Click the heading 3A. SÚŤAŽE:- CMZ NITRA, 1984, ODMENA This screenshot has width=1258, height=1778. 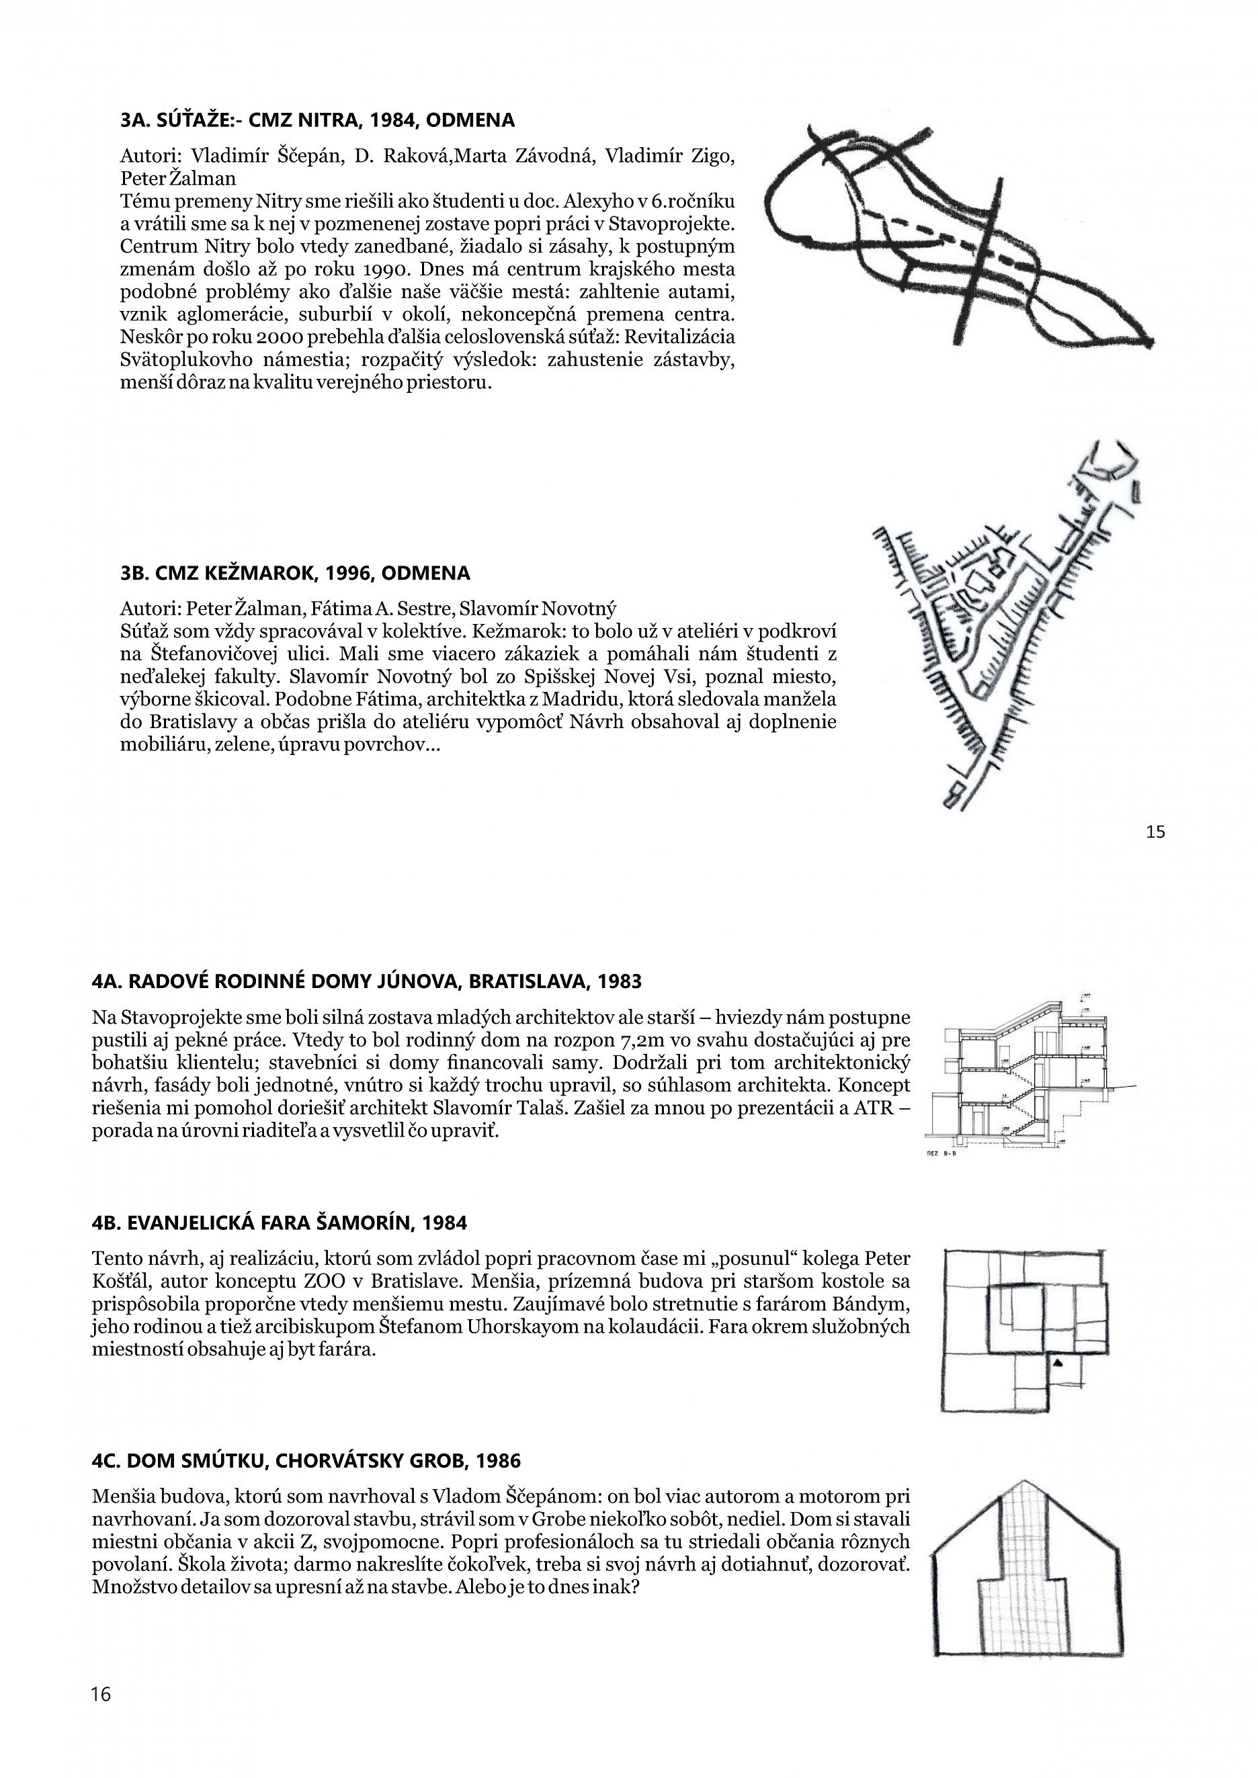318,121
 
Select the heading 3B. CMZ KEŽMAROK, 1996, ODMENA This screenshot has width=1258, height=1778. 295,573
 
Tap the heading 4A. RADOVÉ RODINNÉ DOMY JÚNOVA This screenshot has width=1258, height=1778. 366,982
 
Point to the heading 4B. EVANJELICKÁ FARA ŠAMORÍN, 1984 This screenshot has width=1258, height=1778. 279,1224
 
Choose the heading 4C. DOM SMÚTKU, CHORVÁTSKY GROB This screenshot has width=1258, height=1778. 306,1461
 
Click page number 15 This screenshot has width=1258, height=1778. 1155,832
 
